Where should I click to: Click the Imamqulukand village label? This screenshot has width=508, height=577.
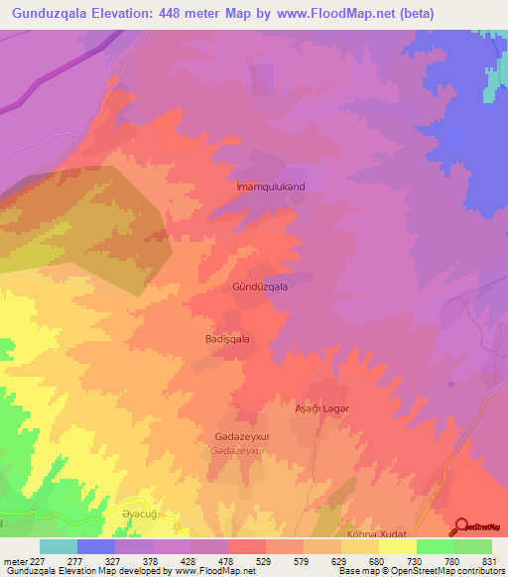point(269,186)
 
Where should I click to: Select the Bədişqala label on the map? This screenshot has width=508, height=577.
point(227,339)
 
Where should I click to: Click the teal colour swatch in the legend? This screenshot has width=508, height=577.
point(59,546)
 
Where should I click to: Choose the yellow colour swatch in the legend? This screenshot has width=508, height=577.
point(397,546)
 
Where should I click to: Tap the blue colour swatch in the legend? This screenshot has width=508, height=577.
point(96,546)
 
